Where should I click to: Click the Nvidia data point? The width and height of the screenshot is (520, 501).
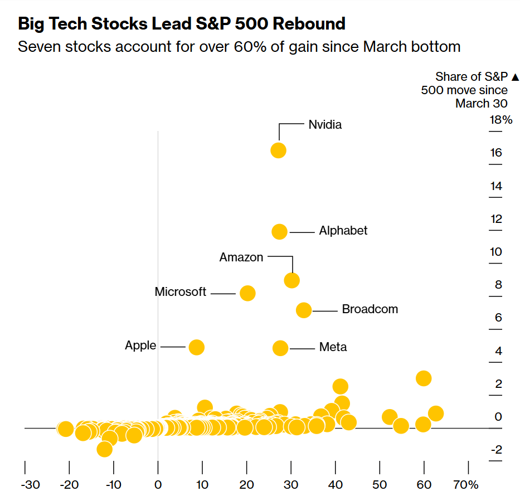(278, 150)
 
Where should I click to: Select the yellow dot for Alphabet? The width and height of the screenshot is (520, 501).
(279, 232)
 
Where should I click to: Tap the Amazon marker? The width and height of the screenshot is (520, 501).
(291, 280)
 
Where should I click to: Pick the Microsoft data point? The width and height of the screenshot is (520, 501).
(247, 293)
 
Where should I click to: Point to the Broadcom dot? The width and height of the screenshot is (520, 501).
(304, 310)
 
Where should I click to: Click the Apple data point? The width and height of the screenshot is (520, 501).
(196, 347)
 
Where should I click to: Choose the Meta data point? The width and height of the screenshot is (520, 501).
(280, 348)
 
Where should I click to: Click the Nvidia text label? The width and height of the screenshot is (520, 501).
(325, 125)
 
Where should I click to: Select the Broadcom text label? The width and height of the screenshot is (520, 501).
(370, 309)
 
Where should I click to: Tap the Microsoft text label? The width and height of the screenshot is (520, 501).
(181, 292)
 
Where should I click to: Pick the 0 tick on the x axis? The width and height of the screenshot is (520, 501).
(158, 484)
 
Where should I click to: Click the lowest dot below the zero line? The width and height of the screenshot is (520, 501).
(104, 449)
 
